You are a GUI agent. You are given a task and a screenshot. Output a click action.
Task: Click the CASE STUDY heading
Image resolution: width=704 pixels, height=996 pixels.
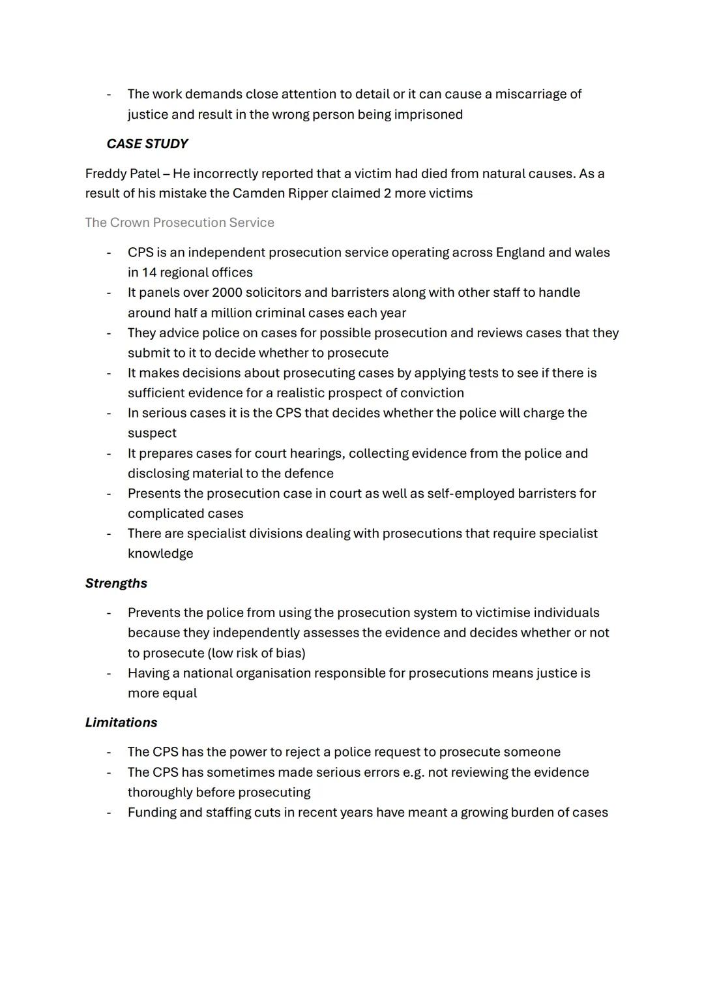pyautogui.click(x=147, y=144)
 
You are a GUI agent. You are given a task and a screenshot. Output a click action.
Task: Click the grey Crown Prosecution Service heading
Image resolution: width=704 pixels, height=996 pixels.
pyautogui.click(x=179, y=223)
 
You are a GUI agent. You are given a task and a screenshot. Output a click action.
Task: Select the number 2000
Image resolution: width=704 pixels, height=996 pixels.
pyautogui.click(x=226, y=293)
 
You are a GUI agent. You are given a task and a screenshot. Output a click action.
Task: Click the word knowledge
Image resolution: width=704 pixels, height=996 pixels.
pyautogui.click(x=160, y=554)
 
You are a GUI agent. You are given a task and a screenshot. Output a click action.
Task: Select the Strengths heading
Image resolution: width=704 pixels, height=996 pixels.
pyautogui.click(x=116, y=584)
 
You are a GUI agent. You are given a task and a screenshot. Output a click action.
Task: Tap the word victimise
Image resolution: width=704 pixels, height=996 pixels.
pyautogui.click(x=502, y=613)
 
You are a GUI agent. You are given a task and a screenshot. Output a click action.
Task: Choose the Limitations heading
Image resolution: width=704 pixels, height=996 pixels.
pyautogui.click(x=121, y=723)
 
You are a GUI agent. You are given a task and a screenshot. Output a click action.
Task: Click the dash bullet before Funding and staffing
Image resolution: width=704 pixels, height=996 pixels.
pyautogui.click(x=109, y=813)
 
